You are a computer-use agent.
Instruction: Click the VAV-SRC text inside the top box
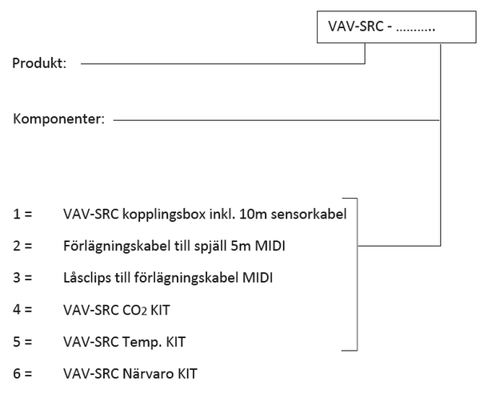coord(356,26)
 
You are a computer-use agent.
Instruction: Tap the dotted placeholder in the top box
coord(415,30)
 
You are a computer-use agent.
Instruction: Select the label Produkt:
coord(39,63)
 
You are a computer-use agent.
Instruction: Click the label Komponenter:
coord(58,119)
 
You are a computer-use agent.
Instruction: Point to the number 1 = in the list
coord(22,214)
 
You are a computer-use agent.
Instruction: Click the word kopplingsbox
coord(164,215)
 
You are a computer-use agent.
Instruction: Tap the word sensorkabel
coord(309,214)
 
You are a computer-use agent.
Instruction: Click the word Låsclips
coord(87,278)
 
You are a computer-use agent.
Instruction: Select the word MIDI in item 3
coord(258,278)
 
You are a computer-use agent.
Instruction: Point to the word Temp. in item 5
coord(142,342)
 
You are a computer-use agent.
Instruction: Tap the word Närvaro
coord(148,373)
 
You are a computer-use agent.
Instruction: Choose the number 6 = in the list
coord(22,374)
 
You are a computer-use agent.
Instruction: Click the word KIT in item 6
coord(187,374)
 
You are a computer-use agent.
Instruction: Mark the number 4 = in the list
coord(22,310)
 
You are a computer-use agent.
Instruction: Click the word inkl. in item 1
coord(222,214)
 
